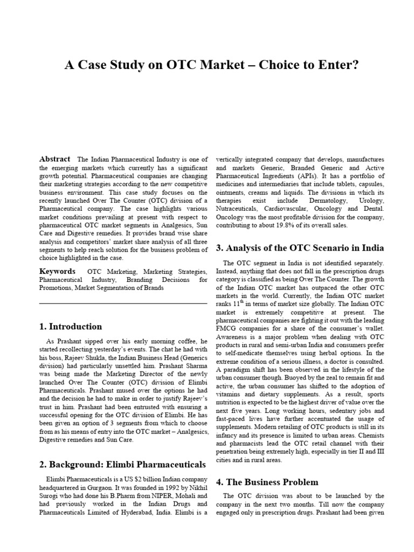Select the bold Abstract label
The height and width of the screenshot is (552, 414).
(x=54, y=159)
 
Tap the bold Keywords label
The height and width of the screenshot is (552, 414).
(x=57, y=271)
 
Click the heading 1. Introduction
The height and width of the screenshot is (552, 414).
(x=71, y=326)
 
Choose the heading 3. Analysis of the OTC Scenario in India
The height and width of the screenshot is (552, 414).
(x=300, y=248)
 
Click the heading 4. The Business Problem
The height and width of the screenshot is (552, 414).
(x=267, y=482)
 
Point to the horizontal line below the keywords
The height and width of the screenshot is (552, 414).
(x=123, y=303)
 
